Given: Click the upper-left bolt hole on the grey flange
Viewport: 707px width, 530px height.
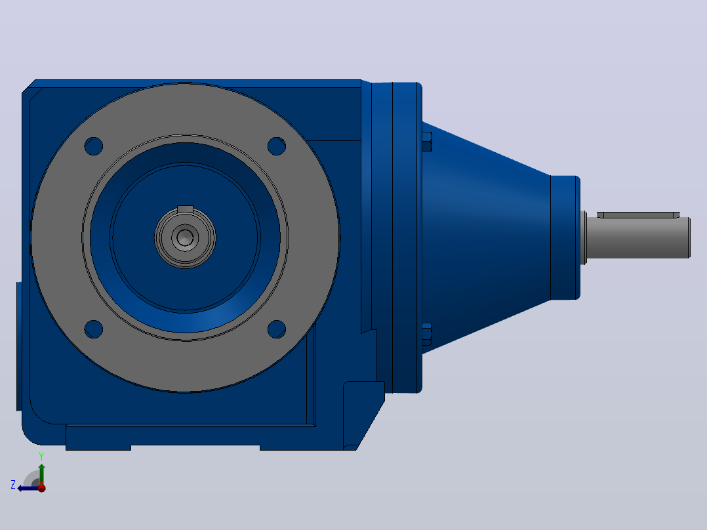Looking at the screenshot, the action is [93, 146].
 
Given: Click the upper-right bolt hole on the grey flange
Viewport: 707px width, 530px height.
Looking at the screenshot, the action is [276, 146].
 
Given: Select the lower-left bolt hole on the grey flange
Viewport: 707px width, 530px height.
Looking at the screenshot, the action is [93, 329].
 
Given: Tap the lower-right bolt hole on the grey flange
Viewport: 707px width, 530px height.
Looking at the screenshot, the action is [276, 329].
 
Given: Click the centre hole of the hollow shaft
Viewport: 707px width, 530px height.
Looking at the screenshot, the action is [185, 237].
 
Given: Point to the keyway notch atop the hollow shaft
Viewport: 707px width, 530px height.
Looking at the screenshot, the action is [185, 209].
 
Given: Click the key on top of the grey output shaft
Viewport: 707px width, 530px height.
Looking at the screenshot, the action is [638, 214].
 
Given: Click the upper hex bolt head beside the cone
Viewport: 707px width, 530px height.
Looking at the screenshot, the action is [427, 142].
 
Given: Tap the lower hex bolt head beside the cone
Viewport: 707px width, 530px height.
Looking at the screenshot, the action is [427, 335].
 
